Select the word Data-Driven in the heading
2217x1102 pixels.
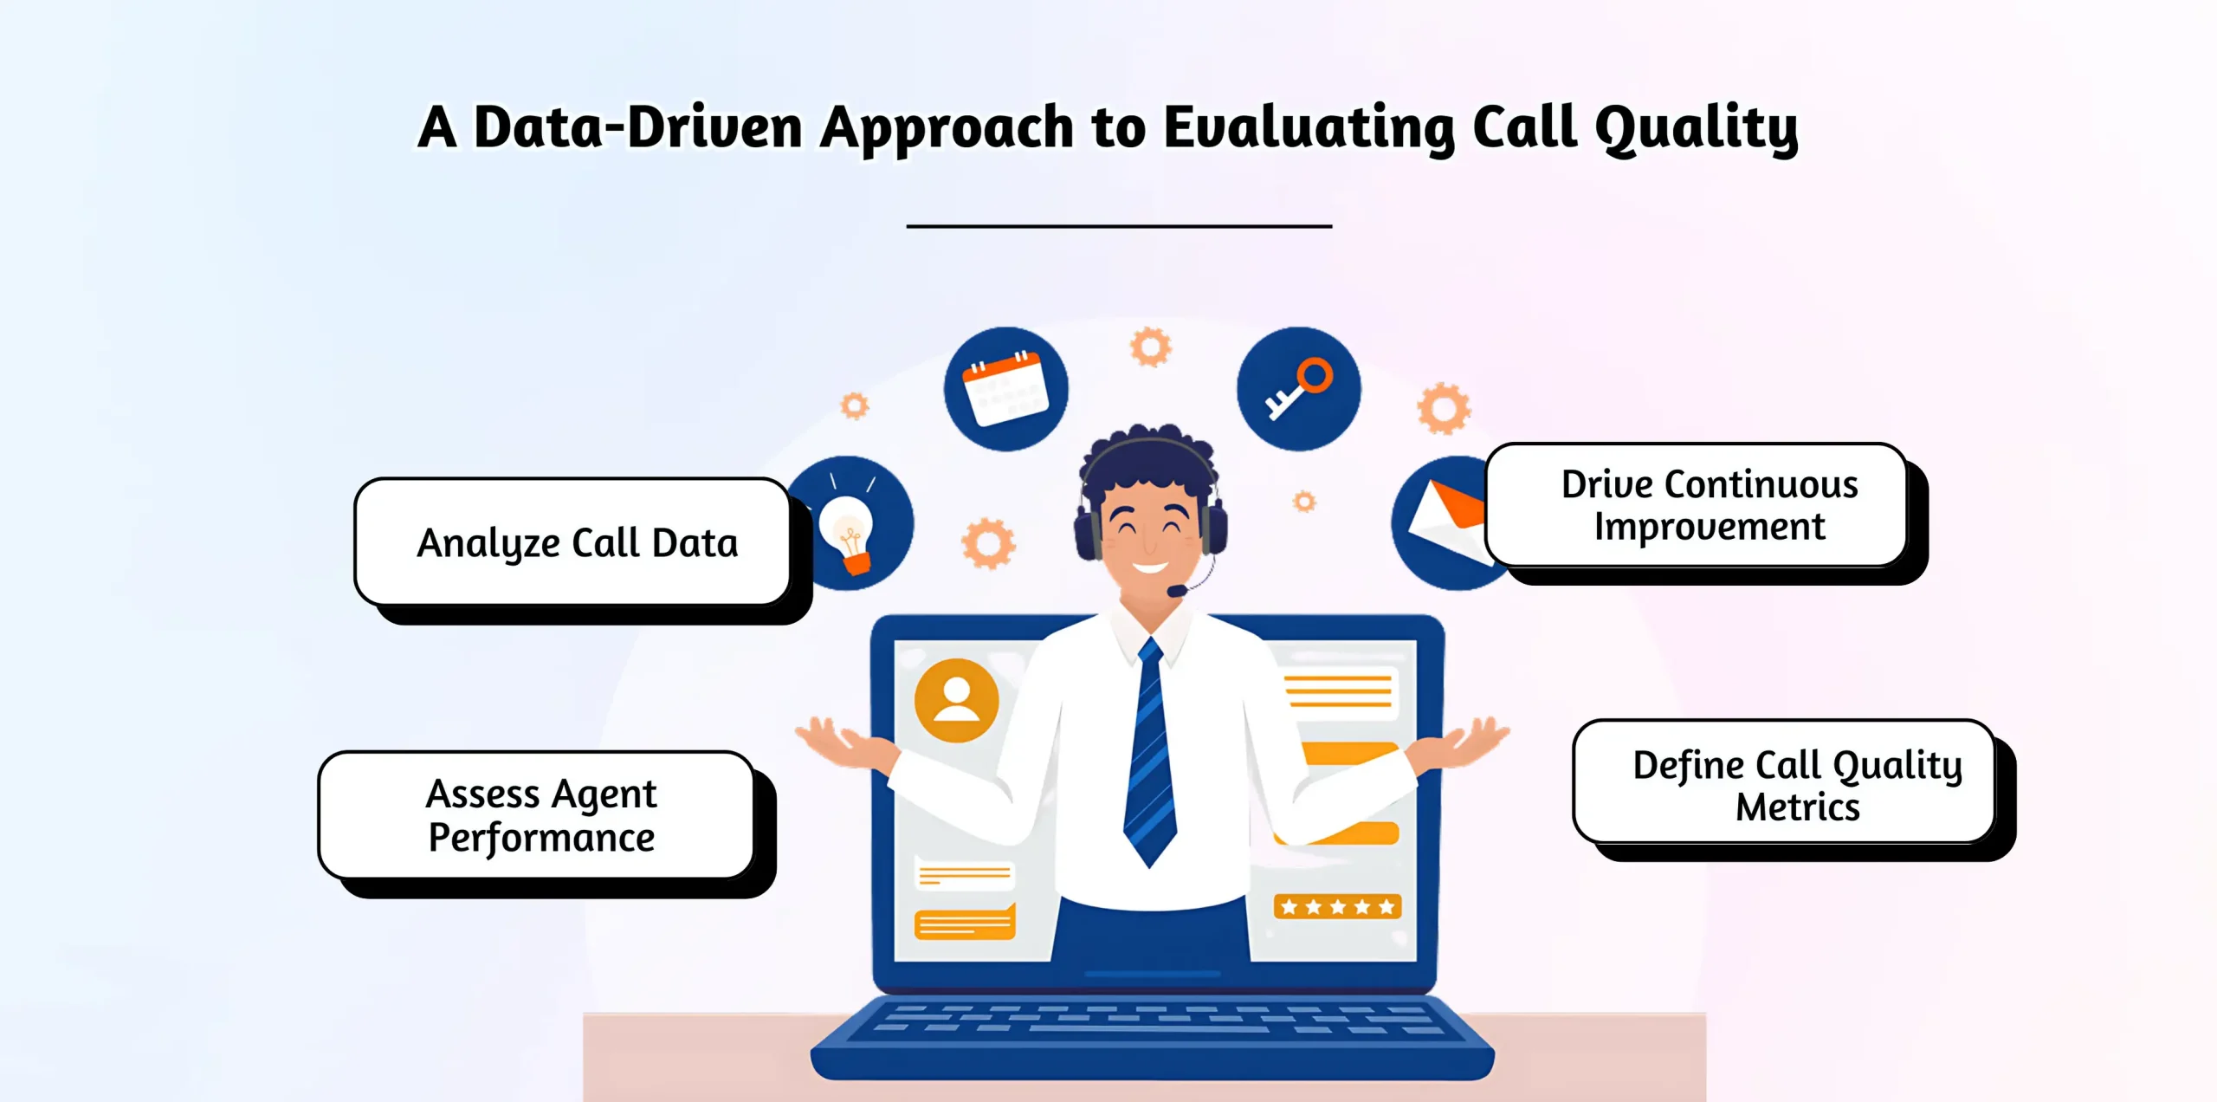[x=638, y=128]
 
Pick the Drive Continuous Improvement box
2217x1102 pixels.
[x=1697, y=505]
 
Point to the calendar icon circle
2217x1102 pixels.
[x=1005, y=389]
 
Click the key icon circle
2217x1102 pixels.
[x=1298, y=389]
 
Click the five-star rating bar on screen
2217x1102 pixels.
[x=1337, y=906]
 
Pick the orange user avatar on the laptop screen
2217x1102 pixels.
[x=956, y=700]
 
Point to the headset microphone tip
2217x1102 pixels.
[x=1175, y=591]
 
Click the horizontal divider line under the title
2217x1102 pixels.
[x=1119, y=226]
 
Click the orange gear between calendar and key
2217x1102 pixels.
[x=1150, y=347]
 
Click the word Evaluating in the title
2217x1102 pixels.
[x=1309, y=128]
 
